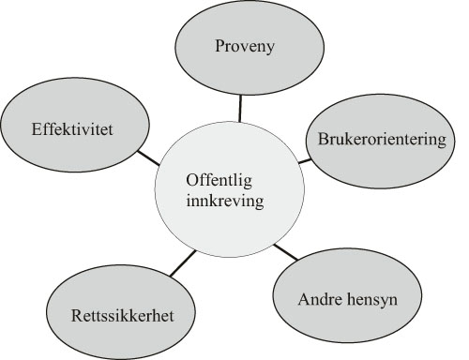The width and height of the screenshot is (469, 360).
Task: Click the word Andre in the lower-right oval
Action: [x=317, y=301]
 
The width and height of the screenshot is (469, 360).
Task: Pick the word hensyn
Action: [x=367, y=301]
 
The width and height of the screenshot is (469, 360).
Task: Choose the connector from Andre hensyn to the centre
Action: [x=285, y=251]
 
